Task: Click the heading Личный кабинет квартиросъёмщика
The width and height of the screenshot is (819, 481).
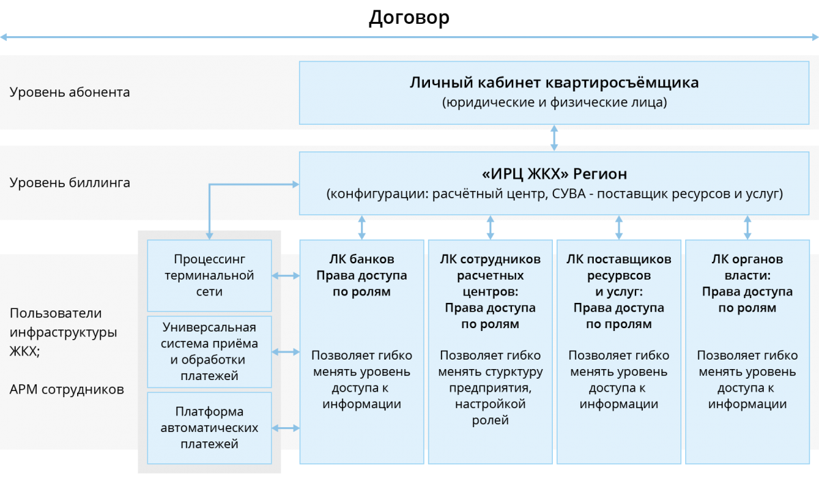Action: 554,83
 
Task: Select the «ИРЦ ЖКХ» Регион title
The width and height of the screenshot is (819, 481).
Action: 554,173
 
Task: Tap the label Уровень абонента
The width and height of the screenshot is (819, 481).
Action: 70,92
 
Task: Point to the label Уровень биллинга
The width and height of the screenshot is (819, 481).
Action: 70,183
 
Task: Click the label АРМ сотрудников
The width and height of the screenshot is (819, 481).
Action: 67,390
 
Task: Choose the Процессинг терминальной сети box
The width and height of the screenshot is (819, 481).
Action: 210,276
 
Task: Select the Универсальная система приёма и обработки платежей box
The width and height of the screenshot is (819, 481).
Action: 210,351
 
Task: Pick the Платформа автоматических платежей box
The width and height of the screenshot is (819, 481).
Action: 210,428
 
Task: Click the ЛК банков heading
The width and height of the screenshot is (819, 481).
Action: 361,260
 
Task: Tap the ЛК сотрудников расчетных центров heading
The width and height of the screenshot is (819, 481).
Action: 490,276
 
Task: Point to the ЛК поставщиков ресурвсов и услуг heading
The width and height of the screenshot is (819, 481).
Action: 618,276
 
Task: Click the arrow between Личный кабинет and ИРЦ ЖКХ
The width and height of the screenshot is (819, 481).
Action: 554,137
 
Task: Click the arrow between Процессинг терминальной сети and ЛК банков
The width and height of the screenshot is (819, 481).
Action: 286,276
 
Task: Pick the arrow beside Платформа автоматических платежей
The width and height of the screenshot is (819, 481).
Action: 286,428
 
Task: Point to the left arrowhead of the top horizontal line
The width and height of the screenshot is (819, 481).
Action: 4,37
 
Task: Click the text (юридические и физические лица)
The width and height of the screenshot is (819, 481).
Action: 554,103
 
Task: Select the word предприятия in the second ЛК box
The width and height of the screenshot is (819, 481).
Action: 490,388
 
